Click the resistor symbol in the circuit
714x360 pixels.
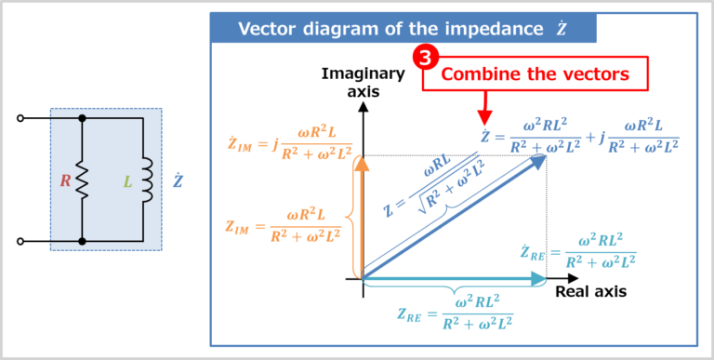83,180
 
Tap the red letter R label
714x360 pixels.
65,180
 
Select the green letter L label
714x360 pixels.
127,180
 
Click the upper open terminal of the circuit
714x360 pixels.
20,119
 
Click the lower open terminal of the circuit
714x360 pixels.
20,241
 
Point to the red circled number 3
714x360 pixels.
425,58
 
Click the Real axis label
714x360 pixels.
591,291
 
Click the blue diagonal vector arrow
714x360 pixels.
456,216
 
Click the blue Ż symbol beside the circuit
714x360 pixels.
177,180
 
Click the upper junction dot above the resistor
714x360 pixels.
83,119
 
